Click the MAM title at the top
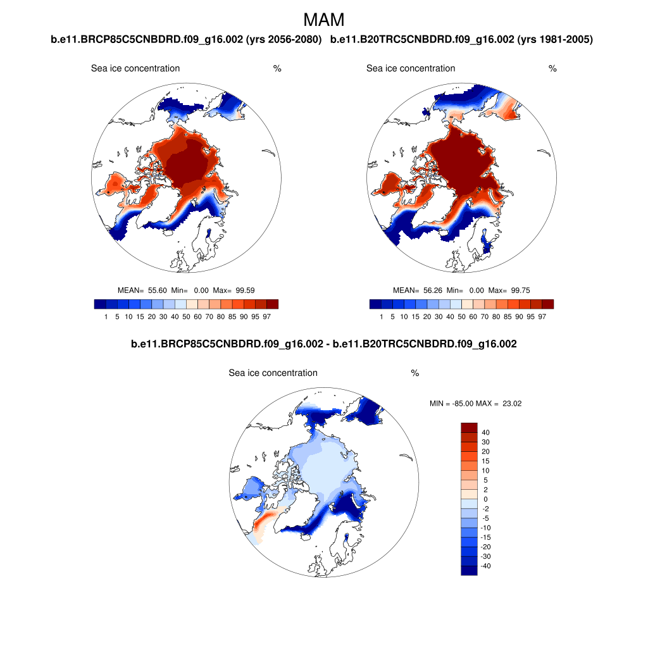pyautogui.click(x=324, y=20)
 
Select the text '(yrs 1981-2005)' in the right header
pyautogui.click(x=555, y=40)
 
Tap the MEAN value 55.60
pyautogui.click(x=157, y=290)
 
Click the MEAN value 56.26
pyautogui.click(x=432, y=290)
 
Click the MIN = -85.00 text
pyautogui.click(x=451, y=403)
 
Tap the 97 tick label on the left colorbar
pyautogui.click(x=266, y=316)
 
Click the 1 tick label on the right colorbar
pyautogui.click(x=381, y=316)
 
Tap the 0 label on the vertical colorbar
pyautogui.click(x=484, y=499)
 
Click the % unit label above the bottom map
pyautogui.click(x=415, y=373)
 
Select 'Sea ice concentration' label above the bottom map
pyautogui.click(x=273, y=373)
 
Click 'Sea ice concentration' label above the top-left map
pyautogui.click(x=135, y=68)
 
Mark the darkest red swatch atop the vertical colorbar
pyautogui.click(x=469, y=427)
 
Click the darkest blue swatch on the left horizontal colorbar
pyautogui.click(x=99, y=304)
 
